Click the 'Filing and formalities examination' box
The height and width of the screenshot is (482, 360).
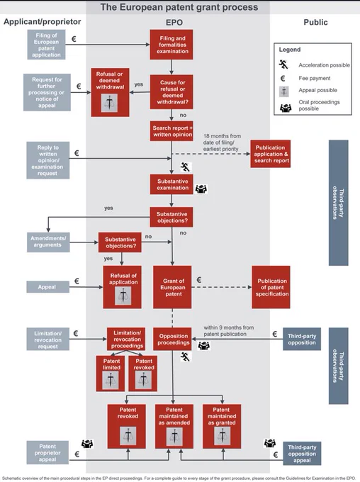click(171, 45)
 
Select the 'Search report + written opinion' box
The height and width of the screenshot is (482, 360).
click(171, 131)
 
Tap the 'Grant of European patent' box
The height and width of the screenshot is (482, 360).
click(172, 287)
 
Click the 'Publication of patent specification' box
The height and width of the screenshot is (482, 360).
click(271, 287)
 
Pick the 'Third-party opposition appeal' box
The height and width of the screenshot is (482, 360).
click(302, 454)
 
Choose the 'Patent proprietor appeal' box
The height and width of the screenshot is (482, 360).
click(47, 452)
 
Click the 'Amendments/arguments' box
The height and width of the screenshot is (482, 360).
click(48, 242)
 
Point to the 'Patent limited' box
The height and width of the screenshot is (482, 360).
click(111, 374)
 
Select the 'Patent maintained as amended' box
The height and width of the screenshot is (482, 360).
click(174, 427)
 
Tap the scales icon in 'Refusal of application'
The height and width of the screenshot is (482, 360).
click(123, 296)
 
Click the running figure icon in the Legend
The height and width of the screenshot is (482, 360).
click(283, 65)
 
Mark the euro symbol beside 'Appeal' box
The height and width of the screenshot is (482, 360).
click(77, 281)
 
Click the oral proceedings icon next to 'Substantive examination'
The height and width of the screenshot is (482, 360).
click(201, 189)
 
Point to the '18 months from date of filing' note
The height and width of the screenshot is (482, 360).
click(222, 142)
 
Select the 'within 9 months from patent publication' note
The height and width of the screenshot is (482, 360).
click(229, 331)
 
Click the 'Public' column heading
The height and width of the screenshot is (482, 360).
click(315, 22)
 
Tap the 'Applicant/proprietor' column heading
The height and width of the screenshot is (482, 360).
click(43, 21)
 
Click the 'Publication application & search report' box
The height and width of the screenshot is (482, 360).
click(270, 154)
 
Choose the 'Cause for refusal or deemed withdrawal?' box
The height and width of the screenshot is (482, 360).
click(171, 92)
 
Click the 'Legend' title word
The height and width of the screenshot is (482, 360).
click(290, 50)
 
